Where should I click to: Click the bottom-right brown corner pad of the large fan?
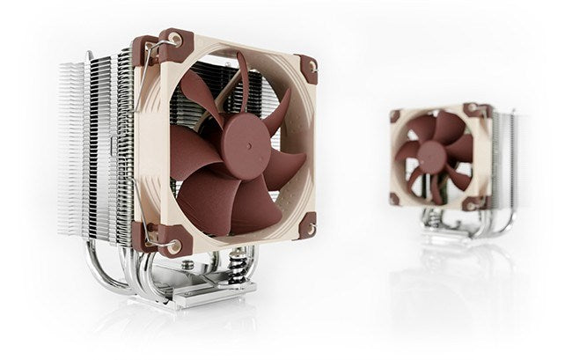pyautogui.click(x=307, y=228)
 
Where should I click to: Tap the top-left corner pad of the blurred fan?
pyautogui.click(x=396, y=115)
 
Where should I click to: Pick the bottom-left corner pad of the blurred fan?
pyautogui.click(x=395, y=198)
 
